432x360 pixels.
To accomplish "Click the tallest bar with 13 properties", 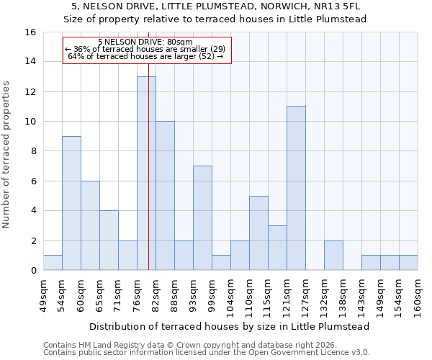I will [146, 173].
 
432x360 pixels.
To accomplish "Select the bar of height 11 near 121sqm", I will [296, 188].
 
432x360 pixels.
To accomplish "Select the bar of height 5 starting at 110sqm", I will [258, 233].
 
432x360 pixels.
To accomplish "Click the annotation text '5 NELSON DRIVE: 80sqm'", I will [145, 42].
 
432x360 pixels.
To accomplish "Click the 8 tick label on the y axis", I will [33, 151].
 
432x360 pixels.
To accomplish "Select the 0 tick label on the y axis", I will [33, 271].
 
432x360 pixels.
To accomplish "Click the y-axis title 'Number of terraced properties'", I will [6, 154].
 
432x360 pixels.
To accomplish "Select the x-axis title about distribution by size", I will [230, 326].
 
